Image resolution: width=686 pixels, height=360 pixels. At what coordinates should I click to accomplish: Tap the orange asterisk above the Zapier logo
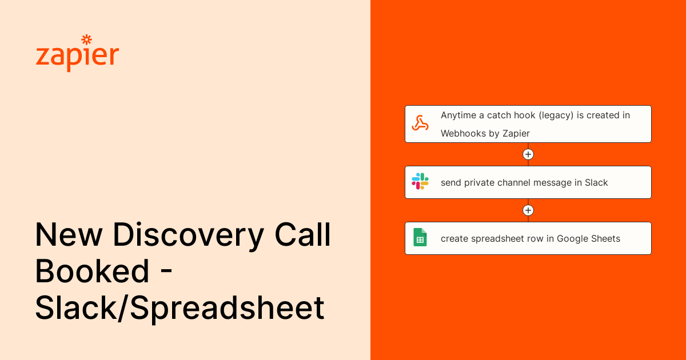pyautogui.click(x=87, y=39)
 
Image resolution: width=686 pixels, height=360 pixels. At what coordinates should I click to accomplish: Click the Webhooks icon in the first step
pyautogui.click(x=420, y=123)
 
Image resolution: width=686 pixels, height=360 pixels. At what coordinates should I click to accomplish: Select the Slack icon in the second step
pyautogui.click(x=420, y=182)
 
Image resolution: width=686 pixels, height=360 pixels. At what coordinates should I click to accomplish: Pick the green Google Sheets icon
pyautogui.click(x=420, y=238)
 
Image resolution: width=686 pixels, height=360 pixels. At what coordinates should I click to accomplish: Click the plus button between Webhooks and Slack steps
pyautogui.click(x=528, y=154)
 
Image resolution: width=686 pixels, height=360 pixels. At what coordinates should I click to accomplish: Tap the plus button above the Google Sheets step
pyautogui.click(x=528, y=210)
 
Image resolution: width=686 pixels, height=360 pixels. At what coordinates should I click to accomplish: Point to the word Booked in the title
pyautogui.click(x=93, y=272)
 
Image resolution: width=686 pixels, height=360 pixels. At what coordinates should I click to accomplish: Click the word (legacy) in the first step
pyautogui.click(x=556, y=115)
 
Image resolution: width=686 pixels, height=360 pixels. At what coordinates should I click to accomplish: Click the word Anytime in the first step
pyautogui.click(x=459, y=115)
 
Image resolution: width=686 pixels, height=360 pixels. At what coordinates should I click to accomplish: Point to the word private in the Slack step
pyautogui.click(x=480, y=183)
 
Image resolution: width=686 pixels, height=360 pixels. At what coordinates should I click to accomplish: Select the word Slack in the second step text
pyautogui.click(x=596, y=183)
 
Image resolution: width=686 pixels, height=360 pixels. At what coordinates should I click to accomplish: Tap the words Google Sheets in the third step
pyautogui.click(x=589, y=239)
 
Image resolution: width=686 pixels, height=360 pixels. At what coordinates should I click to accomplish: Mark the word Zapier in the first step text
pyautogui.click(x=516, y=133)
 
